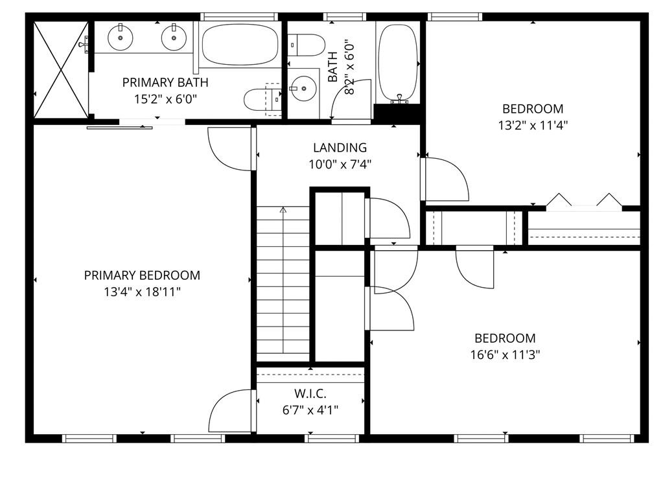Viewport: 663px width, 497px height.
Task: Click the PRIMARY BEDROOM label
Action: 142,275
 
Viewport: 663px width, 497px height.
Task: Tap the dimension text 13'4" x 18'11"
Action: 143,292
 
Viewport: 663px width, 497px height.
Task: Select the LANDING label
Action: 340,148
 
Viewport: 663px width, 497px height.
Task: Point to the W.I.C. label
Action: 310,394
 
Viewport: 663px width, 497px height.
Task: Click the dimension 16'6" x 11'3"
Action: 506,354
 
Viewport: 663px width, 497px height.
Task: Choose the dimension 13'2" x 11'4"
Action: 533,126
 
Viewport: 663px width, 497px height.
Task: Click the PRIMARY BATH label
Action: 165,82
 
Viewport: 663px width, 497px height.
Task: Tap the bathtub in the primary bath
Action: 240,44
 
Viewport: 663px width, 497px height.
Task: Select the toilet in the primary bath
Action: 262,100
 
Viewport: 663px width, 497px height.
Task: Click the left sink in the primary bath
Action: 121,37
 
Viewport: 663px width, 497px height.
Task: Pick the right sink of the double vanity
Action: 174,37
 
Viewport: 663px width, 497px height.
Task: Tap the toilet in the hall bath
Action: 307,45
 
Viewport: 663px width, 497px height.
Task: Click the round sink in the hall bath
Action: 303,89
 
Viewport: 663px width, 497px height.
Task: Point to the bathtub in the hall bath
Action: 397,63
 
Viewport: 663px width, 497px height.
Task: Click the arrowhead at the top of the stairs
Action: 283,209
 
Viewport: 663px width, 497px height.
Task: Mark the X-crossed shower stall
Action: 61,70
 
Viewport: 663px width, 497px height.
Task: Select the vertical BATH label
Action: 333,67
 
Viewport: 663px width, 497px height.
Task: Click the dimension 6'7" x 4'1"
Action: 310,410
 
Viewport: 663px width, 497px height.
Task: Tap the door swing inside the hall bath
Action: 350,99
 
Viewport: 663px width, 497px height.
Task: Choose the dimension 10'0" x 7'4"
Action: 340,164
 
